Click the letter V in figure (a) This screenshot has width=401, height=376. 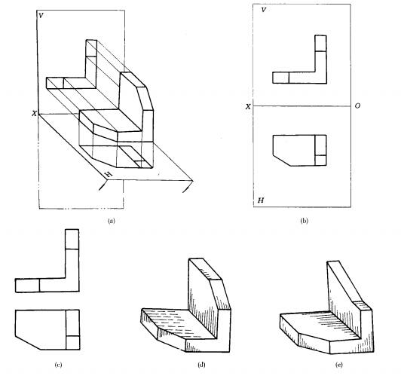pos(41,16)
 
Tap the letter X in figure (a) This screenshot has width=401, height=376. pos(34,114)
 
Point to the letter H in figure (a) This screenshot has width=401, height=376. pos(109,174)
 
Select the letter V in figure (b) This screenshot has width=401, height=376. pos(264,10)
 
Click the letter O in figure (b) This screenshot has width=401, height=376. pos(357,105)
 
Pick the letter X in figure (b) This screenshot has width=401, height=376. pos(248,106)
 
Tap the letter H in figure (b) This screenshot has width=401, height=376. pos(261,200)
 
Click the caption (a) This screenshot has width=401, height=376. pos(112,221)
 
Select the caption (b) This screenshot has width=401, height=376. pos(304,221)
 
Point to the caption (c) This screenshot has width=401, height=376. pos(58,365)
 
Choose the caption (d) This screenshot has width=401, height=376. pos(201,365)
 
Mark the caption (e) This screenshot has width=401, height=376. pos(339,365)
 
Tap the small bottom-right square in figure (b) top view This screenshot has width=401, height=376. pos(320,160)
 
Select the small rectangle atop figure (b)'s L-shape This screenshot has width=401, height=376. pos(320,43)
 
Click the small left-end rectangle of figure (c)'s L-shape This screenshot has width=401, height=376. pos(27,286)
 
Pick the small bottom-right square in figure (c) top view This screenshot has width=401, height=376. pos(72,343)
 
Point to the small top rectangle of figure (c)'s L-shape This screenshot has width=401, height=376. pos(72,239)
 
